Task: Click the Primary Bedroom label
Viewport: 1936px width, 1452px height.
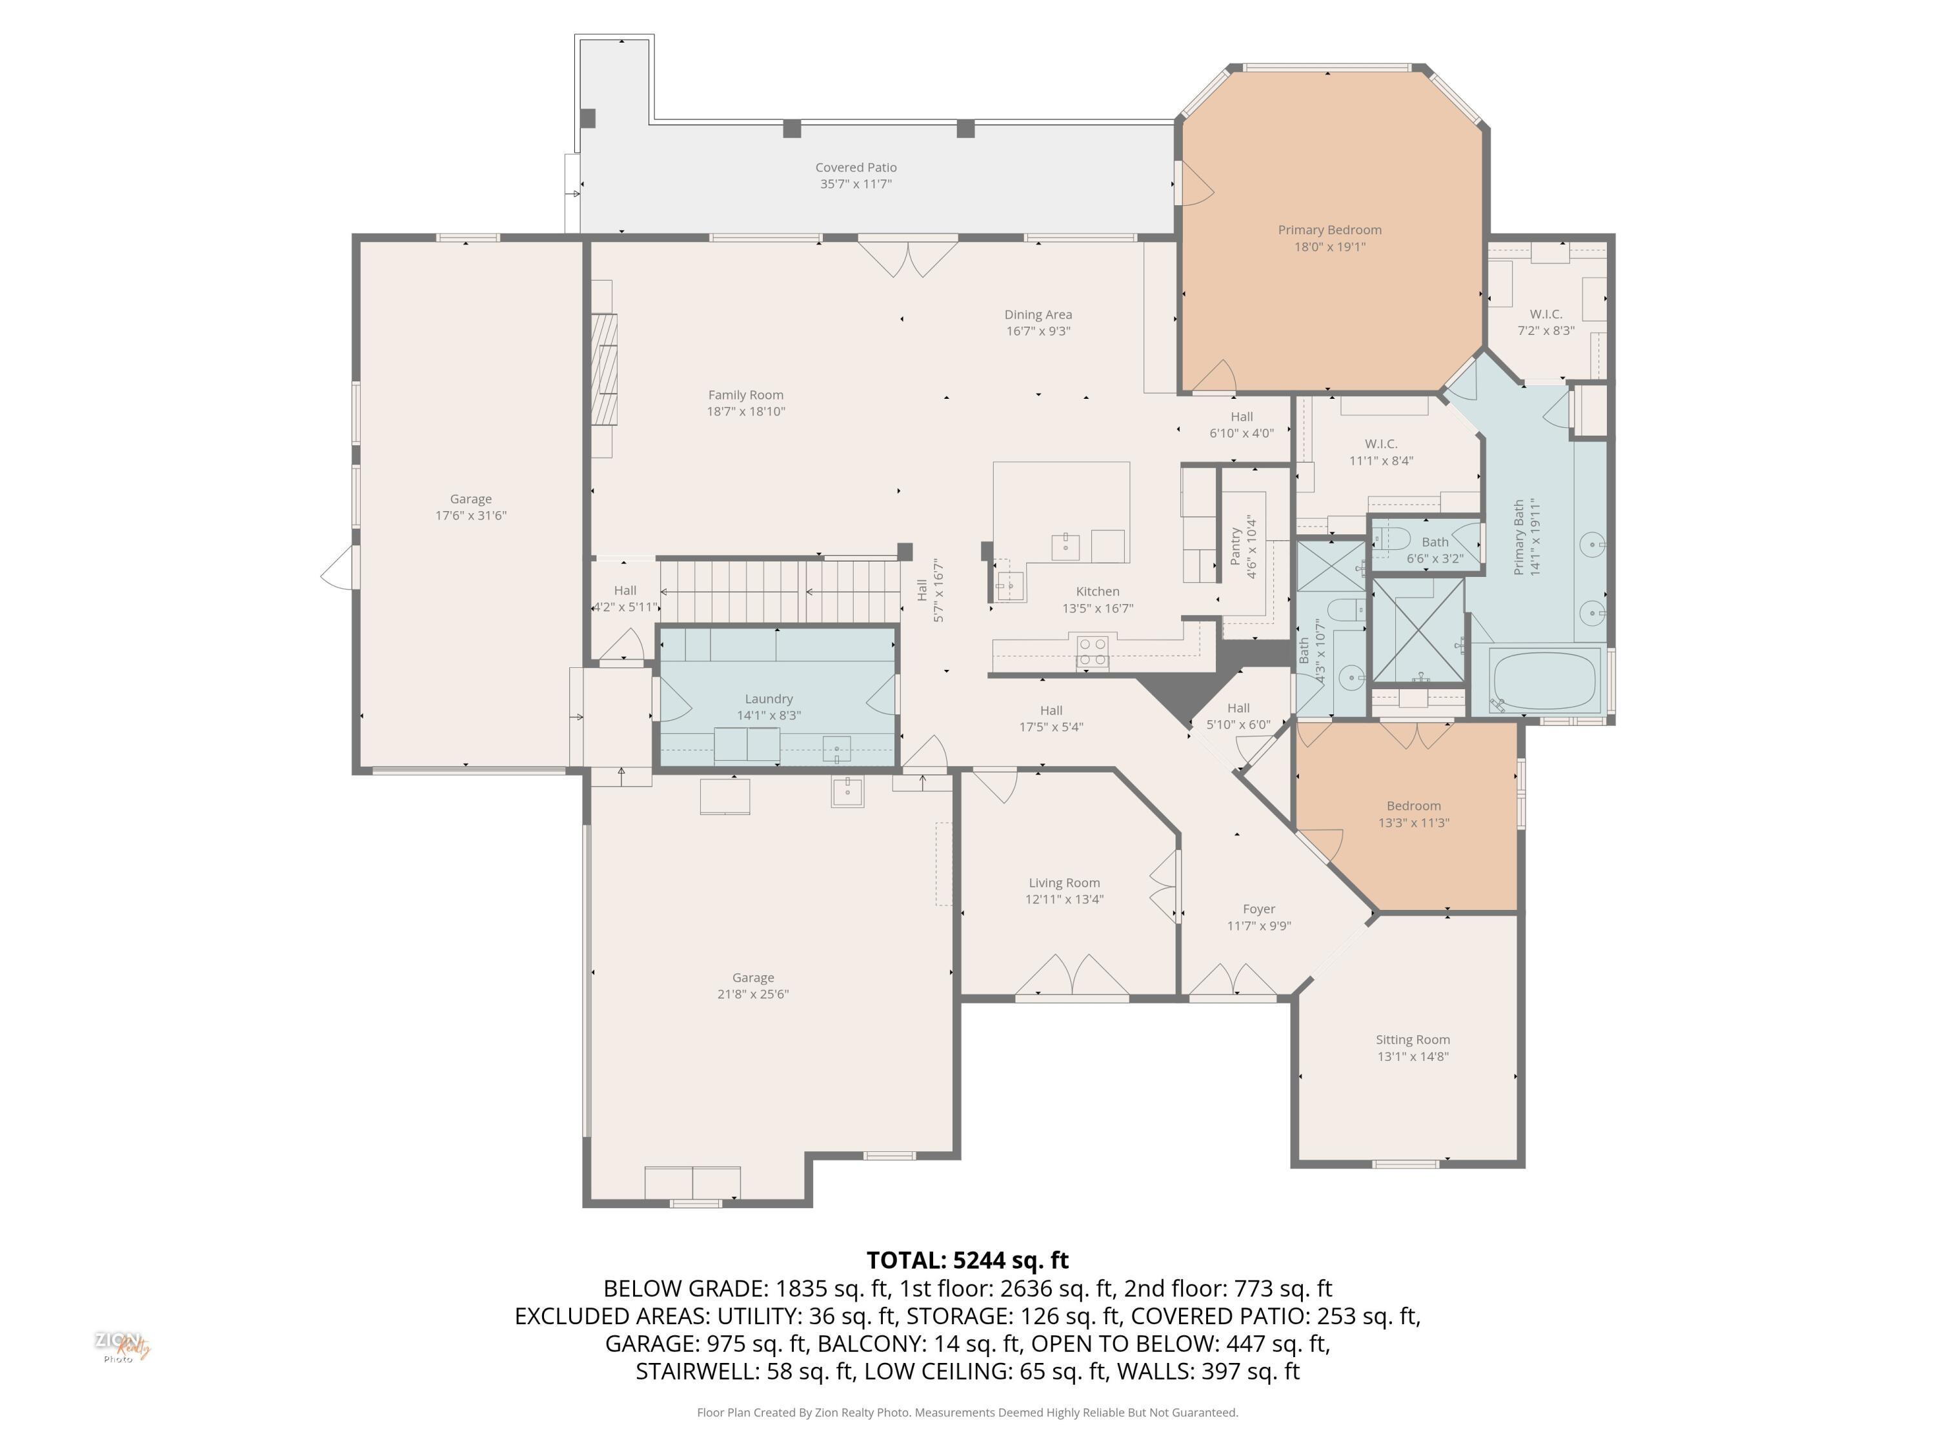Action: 1329,230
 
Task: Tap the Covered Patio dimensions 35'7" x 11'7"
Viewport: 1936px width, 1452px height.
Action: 855,184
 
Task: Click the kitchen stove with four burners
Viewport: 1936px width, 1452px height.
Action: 1093,652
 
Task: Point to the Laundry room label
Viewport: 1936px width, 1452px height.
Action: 769,698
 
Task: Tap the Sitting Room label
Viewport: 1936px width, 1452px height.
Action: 1412,1040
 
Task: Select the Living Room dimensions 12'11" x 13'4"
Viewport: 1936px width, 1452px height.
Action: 1064,899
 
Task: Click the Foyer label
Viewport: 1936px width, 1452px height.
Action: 1258,909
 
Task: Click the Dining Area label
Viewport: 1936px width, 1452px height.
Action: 1037,314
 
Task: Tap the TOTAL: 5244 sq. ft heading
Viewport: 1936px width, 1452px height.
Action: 967,1260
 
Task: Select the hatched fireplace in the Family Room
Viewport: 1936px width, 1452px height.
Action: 603,368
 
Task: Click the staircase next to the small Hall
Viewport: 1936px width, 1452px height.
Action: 779,592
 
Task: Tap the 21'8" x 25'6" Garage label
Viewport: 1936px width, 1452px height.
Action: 752,978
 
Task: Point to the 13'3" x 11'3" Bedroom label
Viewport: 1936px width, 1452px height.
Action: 1413,806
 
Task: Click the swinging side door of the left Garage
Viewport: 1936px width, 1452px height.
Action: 341,569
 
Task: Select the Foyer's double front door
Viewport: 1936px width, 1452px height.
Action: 1233,980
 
